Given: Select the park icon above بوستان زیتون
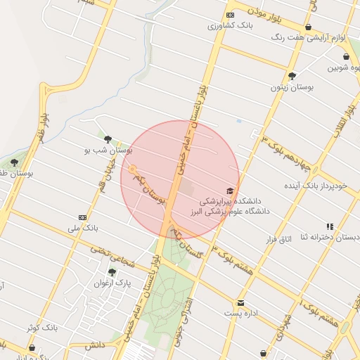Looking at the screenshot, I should (292, 76).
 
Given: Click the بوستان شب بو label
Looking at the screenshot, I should (108, 150).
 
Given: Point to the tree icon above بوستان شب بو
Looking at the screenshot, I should (108, 139).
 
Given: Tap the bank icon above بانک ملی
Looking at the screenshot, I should (83, 217).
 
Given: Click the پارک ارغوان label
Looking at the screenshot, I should (113, 283).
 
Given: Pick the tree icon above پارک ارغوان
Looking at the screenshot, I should (112, 273).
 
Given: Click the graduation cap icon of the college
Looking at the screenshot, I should (229, 191).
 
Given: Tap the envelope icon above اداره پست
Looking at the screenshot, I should (240, 302).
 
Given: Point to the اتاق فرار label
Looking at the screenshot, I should (278, 240).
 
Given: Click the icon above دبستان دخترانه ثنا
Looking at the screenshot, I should (330, 226).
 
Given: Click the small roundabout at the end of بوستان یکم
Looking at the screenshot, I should (131, 169).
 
